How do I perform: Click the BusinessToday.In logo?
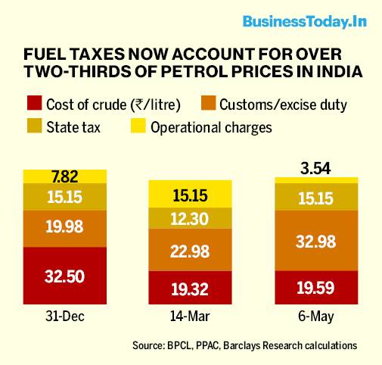305,22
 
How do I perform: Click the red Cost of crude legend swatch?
35,103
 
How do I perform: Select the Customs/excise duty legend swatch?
209,103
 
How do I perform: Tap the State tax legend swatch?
35,126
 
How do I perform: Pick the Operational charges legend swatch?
138,126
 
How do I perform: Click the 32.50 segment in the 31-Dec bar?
65,276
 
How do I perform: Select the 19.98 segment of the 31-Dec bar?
65,229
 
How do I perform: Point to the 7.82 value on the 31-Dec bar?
65,176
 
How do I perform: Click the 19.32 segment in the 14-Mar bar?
190,288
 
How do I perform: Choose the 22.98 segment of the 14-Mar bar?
190,250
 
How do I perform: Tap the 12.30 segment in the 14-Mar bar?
190,218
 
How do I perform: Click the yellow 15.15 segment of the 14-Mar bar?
190,194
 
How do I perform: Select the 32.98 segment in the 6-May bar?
316,241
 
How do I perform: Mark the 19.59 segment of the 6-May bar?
316,288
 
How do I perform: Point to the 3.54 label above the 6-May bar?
315,169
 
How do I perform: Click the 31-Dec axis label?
65,317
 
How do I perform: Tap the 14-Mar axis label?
190,317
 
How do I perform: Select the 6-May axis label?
316,317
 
